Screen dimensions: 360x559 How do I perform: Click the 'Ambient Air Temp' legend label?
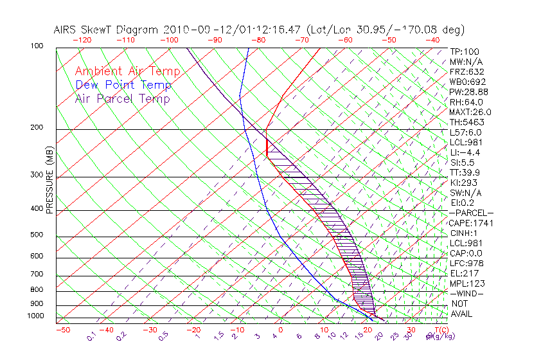point(127,72)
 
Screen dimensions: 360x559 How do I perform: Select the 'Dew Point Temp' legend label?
point(123,85)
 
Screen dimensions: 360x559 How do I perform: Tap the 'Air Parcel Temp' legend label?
point(122,99)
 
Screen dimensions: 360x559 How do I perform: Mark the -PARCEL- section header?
point(471,213)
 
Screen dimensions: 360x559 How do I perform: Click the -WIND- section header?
point(467,293)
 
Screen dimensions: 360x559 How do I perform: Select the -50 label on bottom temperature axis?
point(63,330)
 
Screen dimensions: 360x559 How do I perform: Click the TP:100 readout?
point(464,51)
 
